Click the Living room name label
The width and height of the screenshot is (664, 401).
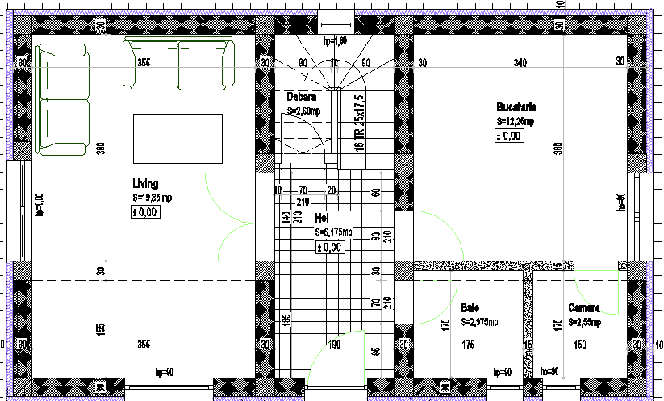(x=146, y=182)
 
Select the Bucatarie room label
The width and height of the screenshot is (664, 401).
(x=516, y=107)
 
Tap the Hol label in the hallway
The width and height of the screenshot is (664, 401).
(x=322, y=218)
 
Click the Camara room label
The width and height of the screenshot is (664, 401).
(x=583, y=307)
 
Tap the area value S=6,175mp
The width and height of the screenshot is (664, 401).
(x=333, y=232)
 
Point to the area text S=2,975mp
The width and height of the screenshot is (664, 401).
(x=483, y=321)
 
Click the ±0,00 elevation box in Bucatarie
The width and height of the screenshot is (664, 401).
(x=509, y=136)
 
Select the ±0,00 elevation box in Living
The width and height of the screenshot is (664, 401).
(x=146, y=212)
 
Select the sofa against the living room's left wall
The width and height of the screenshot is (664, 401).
(x=62, y=99)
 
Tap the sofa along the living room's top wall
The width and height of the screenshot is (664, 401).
(x=178, y=63)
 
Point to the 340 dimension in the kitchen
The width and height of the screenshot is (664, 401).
(x=520, y=62)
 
